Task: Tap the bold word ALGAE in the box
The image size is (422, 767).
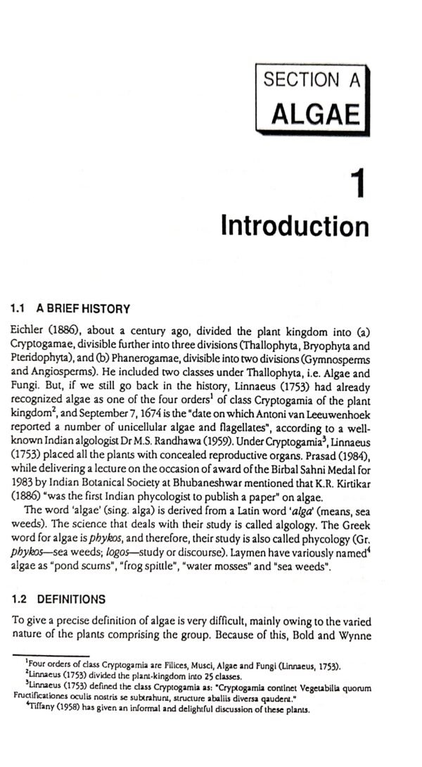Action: pyautogui.click(x=315, y=113)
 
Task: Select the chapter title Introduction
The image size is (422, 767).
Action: pyautogui.click(x=294, y=227)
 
